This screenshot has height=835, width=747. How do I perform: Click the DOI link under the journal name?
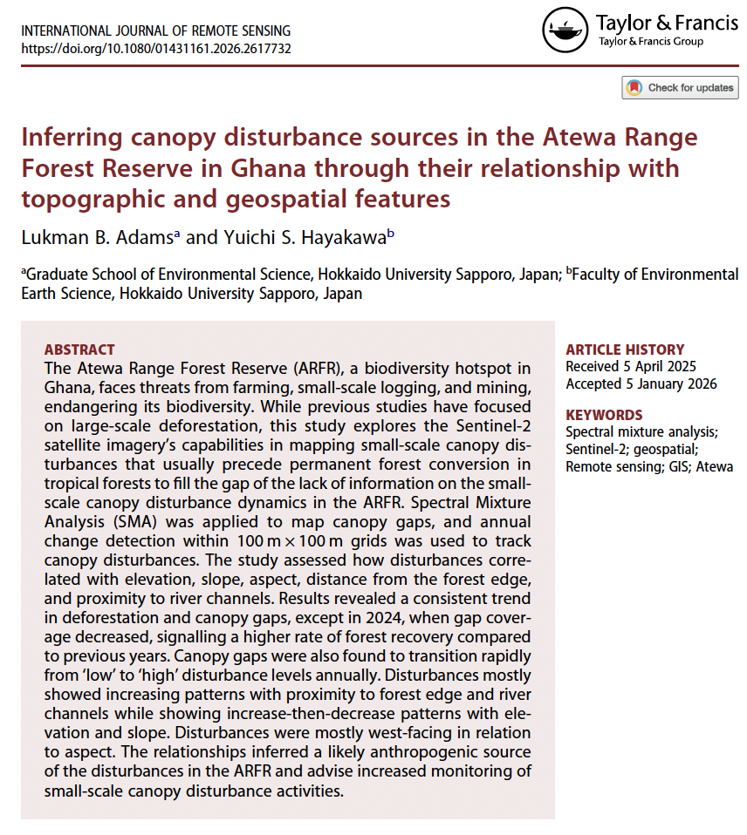pos(155,48)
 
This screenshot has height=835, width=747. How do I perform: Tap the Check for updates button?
pos(680,87)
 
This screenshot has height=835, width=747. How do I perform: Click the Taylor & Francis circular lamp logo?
pos(565,31)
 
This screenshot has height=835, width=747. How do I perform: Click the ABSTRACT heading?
pos(79,350)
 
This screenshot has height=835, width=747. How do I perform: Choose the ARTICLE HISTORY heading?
pos(625,350)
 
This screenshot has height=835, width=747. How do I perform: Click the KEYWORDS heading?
pos(604,415)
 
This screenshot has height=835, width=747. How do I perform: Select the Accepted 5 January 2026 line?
pos(641,384)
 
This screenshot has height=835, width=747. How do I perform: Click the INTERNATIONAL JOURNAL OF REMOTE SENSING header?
pos(150,31)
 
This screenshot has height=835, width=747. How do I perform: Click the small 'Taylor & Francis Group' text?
pos(650,41)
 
